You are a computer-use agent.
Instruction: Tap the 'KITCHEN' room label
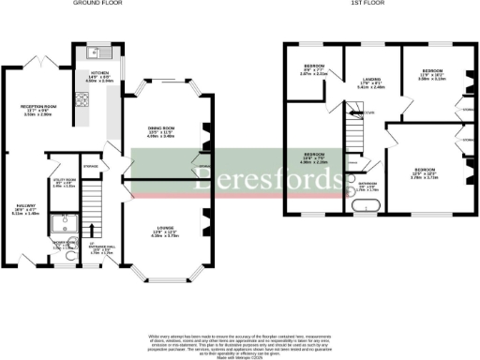click(x=99, y=72)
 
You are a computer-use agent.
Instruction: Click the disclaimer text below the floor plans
click(x=240, y=339)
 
